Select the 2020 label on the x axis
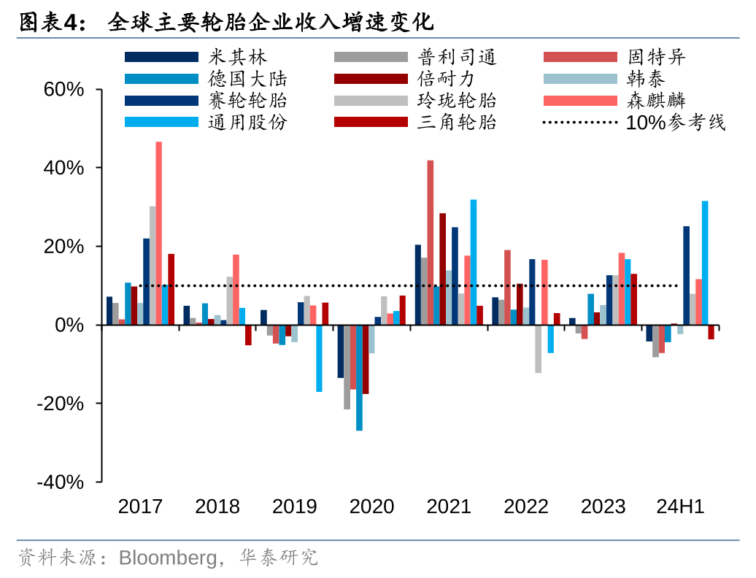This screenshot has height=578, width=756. tap(371, 506)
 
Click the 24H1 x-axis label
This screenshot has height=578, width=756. tap(680, 506)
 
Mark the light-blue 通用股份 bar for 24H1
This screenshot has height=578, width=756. tap(705, 263)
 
